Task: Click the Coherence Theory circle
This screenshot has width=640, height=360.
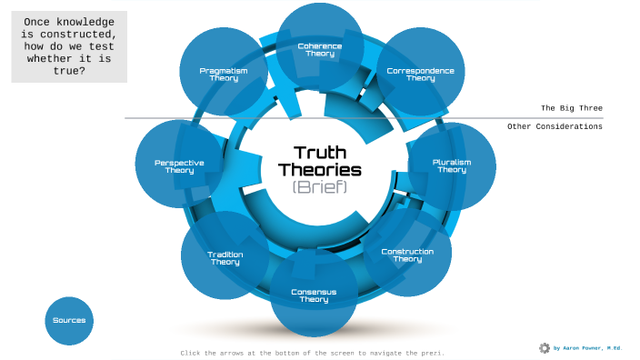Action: [320, 48]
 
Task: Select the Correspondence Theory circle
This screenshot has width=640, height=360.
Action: [420, 74]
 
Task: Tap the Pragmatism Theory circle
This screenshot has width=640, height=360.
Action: [224, 74]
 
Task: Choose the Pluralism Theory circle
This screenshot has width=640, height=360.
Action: [452, 165]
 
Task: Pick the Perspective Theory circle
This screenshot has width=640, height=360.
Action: [179, 166]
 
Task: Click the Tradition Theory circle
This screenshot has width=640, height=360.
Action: [225, 258]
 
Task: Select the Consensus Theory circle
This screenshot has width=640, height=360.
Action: [314, 295]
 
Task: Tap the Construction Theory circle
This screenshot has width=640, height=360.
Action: [407, 255]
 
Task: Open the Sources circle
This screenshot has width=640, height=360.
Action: [69, 320]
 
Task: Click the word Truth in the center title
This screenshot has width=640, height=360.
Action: [320, 152]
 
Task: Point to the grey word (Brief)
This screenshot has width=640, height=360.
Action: [320, 186]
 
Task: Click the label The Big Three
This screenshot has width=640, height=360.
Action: [572, 108]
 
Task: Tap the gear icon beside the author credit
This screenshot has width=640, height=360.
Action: [545, 348]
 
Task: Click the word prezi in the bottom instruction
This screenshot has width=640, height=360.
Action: [430, 353]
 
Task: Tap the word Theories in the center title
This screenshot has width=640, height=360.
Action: [320, 169]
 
